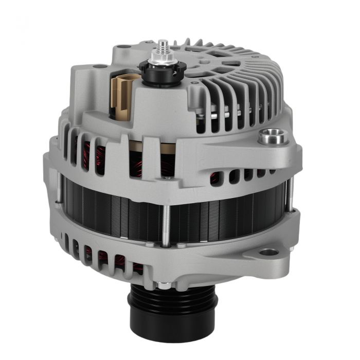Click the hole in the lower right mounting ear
(268, 253)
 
